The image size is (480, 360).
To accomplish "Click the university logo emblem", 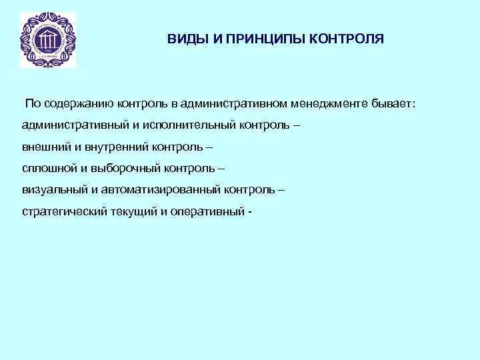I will [47, 40].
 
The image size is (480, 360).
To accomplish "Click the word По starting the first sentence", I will [33, 105].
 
